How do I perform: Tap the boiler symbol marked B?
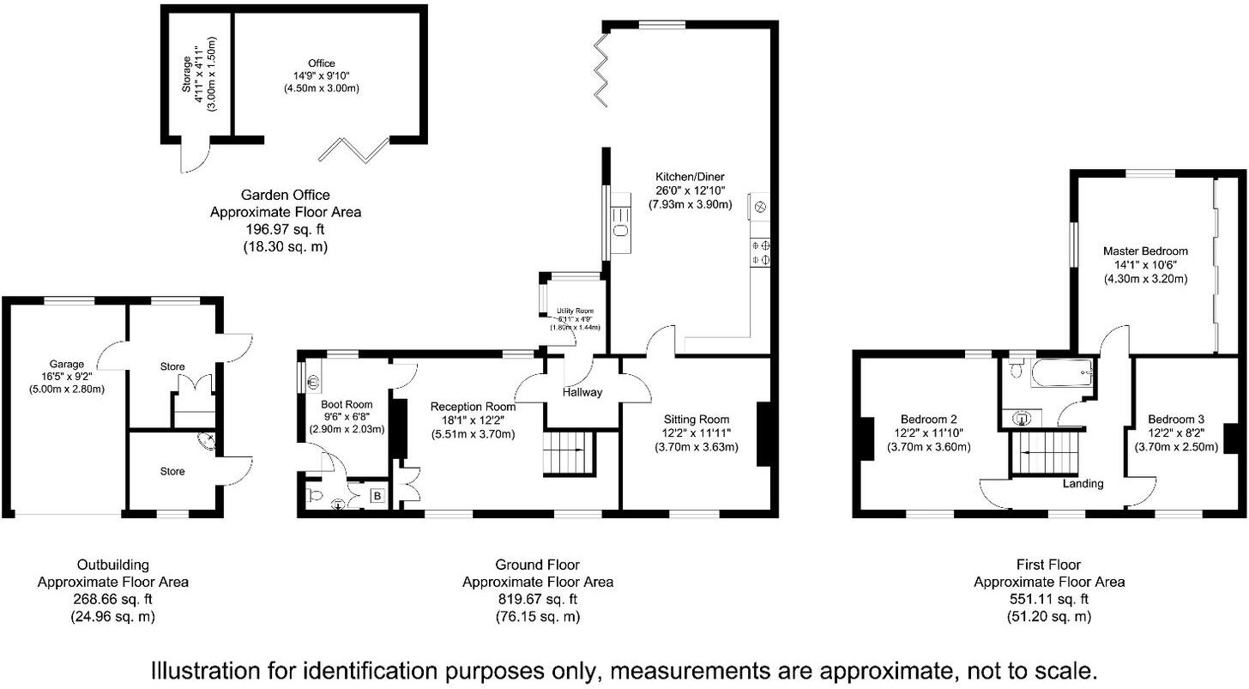[x=376, y=495]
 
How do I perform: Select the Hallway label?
[x=582, y=392]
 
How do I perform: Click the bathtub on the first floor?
[x=1061, y=373]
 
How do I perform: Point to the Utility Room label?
[x=575, y=311]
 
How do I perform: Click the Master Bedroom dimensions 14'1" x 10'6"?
[x=1145, y=265]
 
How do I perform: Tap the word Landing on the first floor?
[x=1083, y=484]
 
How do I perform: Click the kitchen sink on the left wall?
[x=620, y=228]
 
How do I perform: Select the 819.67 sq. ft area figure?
[x=537, y=599]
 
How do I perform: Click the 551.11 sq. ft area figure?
[x=1048, y=599]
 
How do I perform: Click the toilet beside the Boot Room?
[x=314, y=496]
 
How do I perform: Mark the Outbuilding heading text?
[x=112, y=565]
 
